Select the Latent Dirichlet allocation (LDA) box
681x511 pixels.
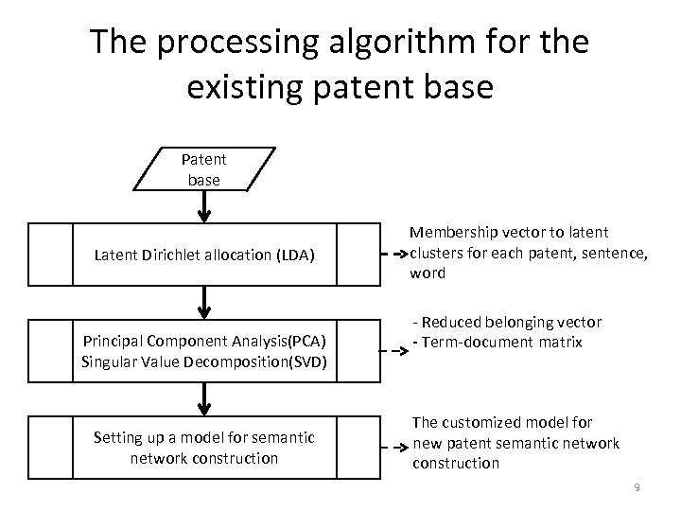click(x=204, y=254)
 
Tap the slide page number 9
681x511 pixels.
click(x=637, y=487)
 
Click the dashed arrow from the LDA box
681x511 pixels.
click(x=391, y=254)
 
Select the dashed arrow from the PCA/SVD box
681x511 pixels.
click(x=391, y=349)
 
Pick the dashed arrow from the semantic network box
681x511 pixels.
click(x=391, y=445)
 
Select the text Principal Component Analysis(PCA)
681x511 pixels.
click(x=204, y=341)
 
